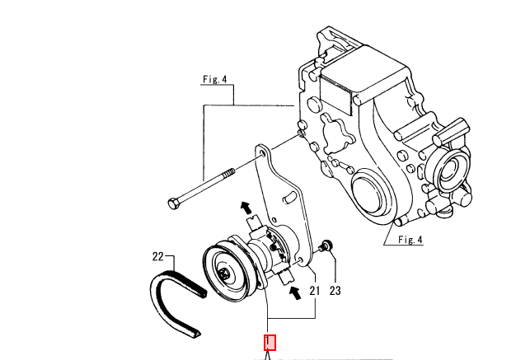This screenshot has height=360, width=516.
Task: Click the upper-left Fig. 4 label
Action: coord(215,79)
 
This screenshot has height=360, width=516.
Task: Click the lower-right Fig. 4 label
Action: coord(410,240)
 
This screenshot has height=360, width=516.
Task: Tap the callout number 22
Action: coord(158,256)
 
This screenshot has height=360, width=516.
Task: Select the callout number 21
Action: coord(315,291)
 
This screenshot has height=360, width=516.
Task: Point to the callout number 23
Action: coord(335,291)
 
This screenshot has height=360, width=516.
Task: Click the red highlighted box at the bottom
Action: coord(270,343)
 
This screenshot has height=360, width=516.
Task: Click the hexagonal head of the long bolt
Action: coord(173,203)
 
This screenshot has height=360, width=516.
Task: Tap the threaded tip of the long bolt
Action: coord(229,173)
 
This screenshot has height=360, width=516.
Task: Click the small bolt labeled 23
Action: coord(326,246)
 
